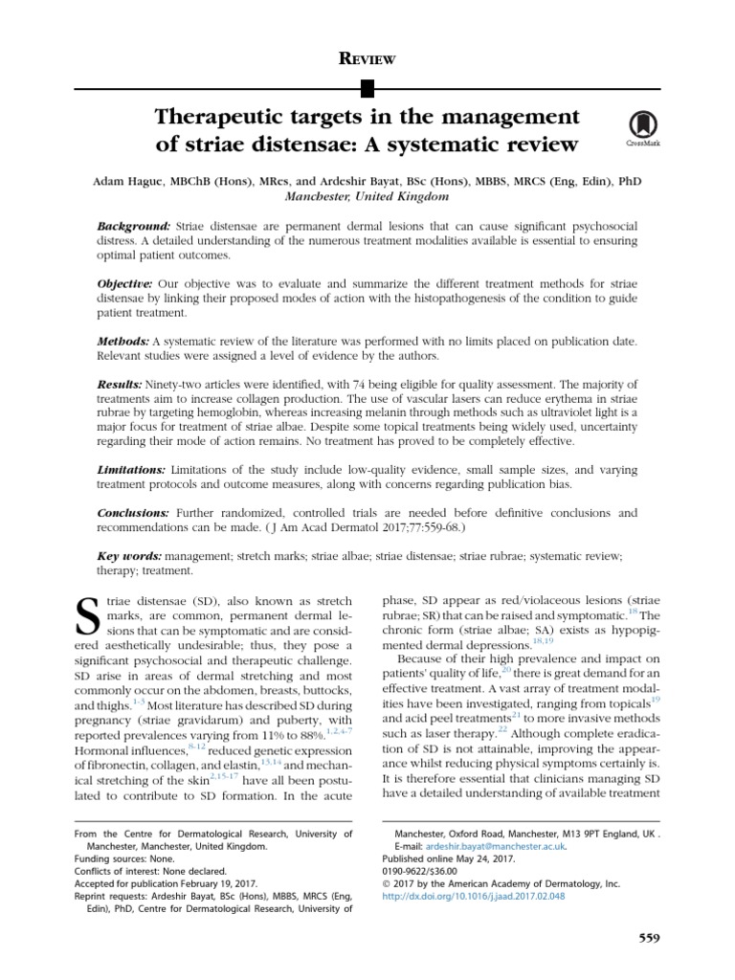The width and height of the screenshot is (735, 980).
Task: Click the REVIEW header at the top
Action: click(x=367, y=58)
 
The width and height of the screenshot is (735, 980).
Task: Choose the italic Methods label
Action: click(x=123, y=341)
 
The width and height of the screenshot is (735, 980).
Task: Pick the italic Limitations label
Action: click(x=132, y=472)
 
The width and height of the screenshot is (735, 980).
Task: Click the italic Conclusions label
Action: click(x=133, y=513)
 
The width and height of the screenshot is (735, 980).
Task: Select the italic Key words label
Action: click(x=128, y=556)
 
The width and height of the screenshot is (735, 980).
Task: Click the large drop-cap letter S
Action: click(x=86, y=614)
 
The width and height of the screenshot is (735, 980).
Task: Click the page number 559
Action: click(x=649, y=939)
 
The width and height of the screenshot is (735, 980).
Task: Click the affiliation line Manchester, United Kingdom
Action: click(x=367, y=196)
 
